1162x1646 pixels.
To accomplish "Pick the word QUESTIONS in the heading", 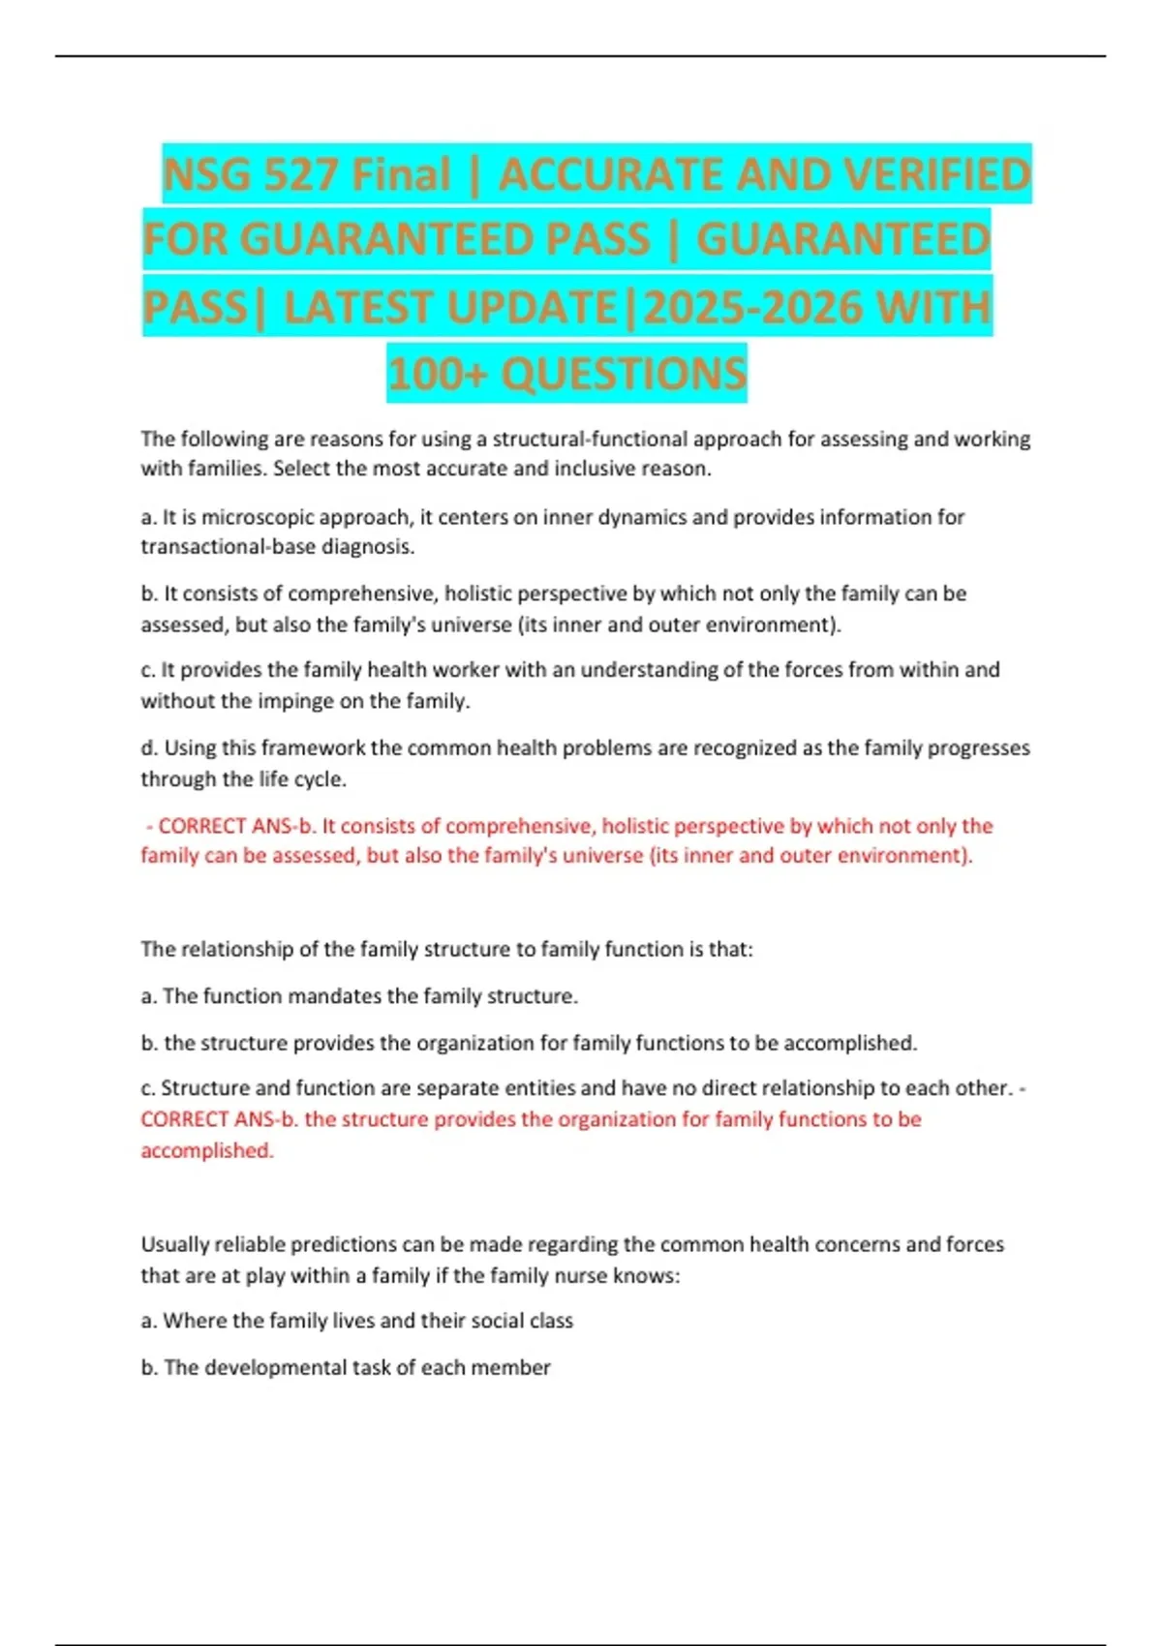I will point(624,374).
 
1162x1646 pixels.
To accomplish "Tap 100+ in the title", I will point(436,374).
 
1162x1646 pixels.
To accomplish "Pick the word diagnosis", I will point(369,547).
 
